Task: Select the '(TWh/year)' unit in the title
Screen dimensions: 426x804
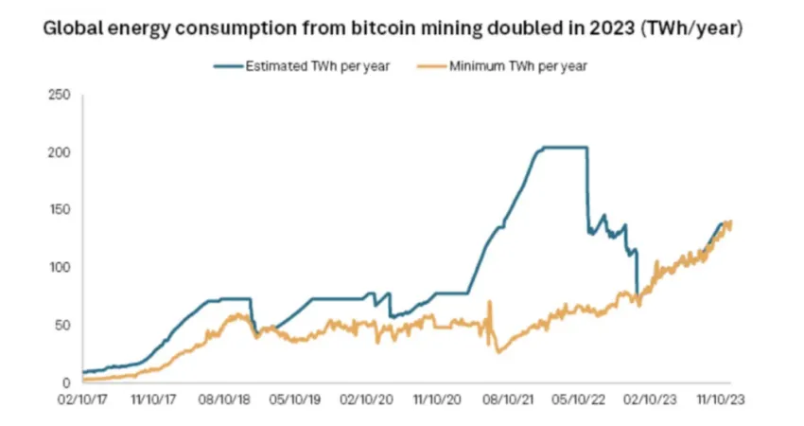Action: click(684, 28)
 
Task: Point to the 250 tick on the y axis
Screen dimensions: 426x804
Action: click(60, 95)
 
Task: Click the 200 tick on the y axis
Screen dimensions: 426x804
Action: click(60, 152)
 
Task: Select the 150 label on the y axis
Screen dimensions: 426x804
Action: click(60, 210)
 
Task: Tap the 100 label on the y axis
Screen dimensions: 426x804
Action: click(60, 268)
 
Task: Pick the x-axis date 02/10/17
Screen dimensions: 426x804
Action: click(82, 400)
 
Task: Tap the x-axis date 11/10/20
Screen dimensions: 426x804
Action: click(436, 400)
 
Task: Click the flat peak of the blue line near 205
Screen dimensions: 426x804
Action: click(563, 147)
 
